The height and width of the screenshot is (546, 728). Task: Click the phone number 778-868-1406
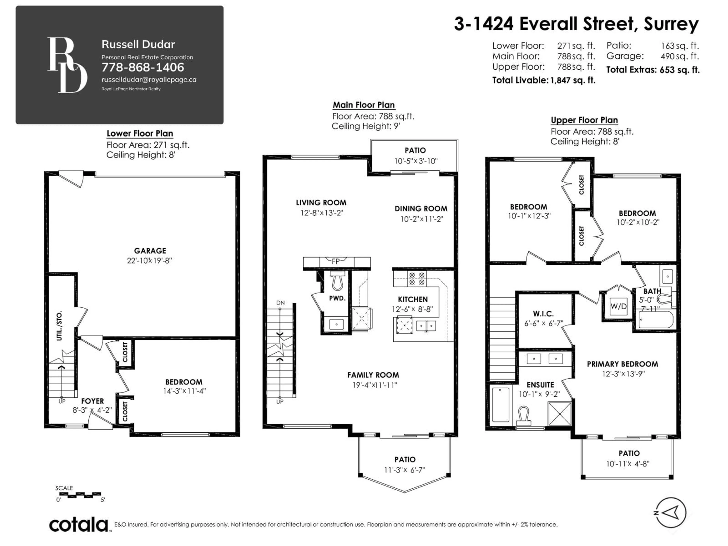[x=143, y=67]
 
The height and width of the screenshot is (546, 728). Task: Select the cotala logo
[x=79, y=524]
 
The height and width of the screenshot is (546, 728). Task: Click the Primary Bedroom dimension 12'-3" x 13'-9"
[x=623, y=374]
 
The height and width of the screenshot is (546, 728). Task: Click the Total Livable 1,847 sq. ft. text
[x=544, y=80]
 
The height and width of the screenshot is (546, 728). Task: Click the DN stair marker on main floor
[x=280, y=303]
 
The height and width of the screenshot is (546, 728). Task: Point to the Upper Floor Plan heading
[x=584, y=120]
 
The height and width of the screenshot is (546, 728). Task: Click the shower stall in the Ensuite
[x=559, y=413]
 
